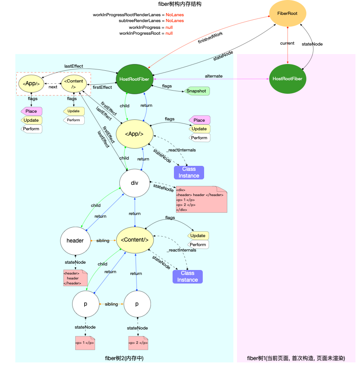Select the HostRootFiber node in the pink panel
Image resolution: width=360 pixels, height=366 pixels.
287,78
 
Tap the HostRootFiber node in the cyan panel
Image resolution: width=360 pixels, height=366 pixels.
135,78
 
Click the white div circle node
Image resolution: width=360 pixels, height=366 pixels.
134,183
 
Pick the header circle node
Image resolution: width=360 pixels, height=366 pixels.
75,240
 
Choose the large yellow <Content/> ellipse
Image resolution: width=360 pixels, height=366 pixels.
134,239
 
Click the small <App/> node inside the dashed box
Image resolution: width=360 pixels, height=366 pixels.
31,83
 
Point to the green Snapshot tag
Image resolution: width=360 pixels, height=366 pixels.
197,91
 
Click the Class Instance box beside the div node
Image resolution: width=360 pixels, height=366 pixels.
189,172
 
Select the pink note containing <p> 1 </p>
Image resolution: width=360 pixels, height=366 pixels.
85,343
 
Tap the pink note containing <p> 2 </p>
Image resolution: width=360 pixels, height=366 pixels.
137,343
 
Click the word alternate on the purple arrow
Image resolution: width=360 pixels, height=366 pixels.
214,76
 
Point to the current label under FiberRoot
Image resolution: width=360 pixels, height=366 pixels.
287,43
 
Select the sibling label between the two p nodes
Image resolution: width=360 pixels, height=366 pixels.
111,304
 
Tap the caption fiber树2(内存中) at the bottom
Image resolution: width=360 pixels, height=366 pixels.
124,358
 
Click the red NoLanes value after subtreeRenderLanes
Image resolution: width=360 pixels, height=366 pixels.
175,21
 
